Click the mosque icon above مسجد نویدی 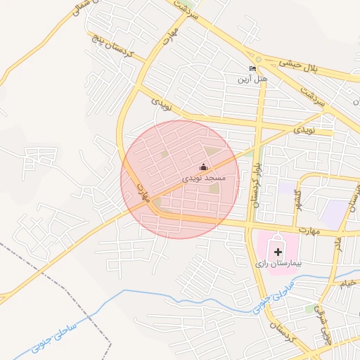(x=204, y=167)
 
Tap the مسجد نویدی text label (x=204, y=179)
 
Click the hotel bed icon (x=253, y=68)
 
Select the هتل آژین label (x=255, y=78)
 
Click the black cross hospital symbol (x=278, y=250)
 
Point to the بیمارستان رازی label (x=278, y=263)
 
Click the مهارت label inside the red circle (x=146, y=195)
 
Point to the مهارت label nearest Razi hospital (x=307, y=230)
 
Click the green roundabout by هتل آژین (x=259, y=60)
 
